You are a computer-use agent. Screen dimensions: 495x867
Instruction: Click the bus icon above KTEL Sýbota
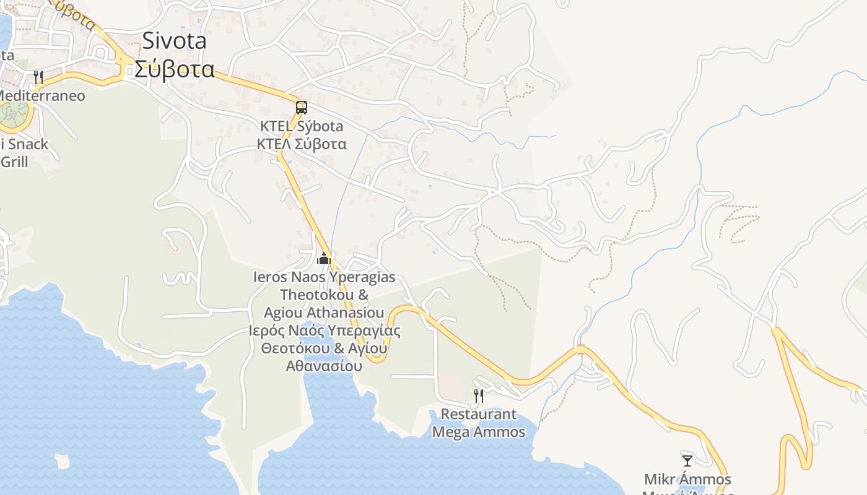tap(302, 108)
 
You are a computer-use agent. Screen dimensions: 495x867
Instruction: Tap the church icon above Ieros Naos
tap(324, 259)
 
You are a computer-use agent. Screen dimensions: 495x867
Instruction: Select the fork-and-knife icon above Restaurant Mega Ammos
tap(478, 395)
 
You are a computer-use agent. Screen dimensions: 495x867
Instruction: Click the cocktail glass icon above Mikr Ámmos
tap(687, 460)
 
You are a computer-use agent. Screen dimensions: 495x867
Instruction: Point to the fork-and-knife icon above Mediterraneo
tap(38, 77)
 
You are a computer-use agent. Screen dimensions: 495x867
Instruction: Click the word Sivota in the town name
tap(175, 41)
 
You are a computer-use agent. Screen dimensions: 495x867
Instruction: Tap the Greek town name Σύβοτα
tap(175, 69)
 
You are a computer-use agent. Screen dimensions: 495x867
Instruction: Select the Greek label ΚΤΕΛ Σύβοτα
tap(302, 144)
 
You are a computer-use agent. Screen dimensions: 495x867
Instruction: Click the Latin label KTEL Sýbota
tap(302, 126)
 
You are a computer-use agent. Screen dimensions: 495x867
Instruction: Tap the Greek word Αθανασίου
tap(324, 366)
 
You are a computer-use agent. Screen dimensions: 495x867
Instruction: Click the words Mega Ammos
tap(478, 431)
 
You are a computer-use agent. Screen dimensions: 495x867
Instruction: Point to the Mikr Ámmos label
tap(687, 479)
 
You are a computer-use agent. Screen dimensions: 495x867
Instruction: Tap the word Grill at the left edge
tap(15, 162)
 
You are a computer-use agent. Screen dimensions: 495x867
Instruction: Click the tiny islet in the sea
tap(62, 461)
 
